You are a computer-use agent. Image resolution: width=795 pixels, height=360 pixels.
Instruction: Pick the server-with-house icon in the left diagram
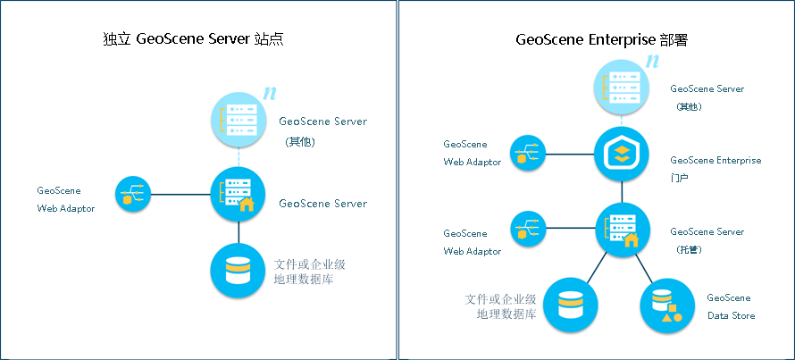point(238,194)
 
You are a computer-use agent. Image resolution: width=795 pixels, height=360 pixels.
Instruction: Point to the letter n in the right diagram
point(653,62)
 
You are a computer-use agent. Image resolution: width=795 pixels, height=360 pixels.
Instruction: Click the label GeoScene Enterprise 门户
point(715,169)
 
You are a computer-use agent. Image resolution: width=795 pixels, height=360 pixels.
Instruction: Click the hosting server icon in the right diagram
point(622,229)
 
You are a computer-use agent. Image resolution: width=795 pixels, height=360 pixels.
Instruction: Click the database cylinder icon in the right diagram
point(571,306)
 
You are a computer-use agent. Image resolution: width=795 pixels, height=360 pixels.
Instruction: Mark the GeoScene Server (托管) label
point(707,240)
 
